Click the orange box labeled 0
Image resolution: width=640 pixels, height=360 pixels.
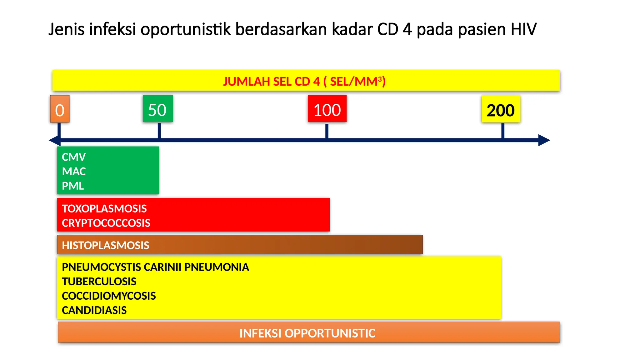pos(60,109)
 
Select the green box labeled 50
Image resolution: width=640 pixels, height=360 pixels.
pos(158,109)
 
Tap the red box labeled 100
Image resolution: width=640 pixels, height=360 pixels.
pos(327,109)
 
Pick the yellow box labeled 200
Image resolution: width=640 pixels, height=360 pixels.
pos(501,109)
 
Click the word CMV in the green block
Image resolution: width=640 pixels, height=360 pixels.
pos(74,157)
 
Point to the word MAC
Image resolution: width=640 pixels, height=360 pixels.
pos(74,171)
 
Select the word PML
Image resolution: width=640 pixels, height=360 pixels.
pos(73,186)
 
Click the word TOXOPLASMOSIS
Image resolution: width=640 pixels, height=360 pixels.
pos(104,208)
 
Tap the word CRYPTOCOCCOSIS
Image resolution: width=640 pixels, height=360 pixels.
pos(106,223)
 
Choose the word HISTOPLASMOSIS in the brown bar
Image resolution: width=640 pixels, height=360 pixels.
pos(106,245)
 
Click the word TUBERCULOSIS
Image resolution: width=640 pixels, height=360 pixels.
pos(99,282)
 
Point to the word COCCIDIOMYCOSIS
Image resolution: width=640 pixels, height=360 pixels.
pos(109,296)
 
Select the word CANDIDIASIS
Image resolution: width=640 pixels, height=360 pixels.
pos(94,310)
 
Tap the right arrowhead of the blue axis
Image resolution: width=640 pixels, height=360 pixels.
pos(544,140)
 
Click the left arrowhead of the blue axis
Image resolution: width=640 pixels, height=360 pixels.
pos(55,140)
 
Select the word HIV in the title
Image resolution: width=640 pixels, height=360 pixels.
pos(523,29)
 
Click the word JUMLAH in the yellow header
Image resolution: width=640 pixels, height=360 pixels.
pos(247,82)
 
